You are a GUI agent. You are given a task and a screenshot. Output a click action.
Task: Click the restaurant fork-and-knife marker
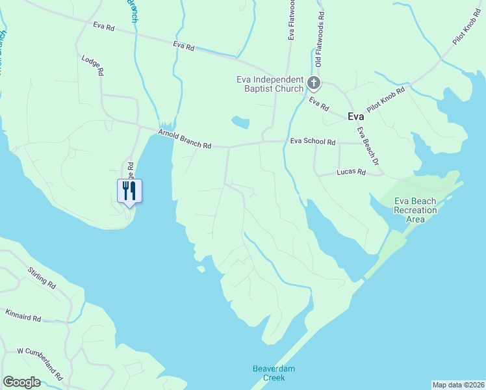[129, 190]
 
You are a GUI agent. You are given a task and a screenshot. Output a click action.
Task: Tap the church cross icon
[314, 83]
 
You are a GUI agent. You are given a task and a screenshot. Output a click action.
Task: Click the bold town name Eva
[355, 117]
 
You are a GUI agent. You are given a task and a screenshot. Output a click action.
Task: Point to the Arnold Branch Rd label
[185, 139]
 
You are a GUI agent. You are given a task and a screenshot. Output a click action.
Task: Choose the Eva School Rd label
[313, 141]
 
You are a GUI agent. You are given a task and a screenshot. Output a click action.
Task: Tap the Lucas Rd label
[352, 172]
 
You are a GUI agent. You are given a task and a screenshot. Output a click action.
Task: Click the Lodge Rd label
[92, 66]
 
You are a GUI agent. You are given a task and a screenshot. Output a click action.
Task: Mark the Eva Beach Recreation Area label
[415, 210]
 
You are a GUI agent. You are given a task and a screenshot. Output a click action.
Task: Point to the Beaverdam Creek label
[274, 373]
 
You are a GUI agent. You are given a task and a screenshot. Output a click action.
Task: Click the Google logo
[21, 382]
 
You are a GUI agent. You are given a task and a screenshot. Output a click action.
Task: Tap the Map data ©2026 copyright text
[459, 385]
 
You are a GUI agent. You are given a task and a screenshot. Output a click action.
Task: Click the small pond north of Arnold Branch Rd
[240, 122]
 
